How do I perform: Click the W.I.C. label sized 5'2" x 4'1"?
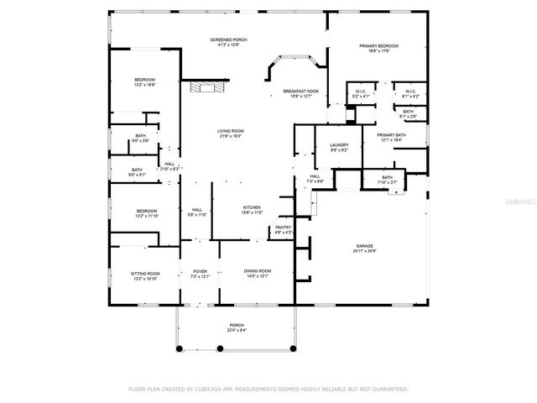tap(362, 93)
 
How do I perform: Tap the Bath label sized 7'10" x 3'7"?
tap(387, 180)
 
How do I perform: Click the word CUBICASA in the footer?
tap(213, 389)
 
